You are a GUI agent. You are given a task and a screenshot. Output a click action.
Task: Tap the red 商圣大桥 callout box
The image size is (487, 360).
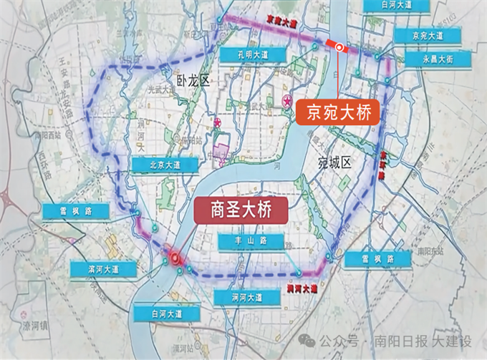(x=239, y=209)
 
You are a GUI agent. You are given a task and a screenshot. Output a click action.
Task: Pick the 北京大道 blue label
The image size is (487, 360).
(x=165, y=165)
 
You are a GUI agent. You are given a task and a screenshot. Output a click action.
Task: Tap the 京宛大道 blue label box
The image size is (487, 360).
(x=428, y=35)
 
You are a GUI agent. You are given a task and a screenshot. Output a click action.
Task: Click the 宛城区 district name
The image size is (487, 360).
(x=336, y=162)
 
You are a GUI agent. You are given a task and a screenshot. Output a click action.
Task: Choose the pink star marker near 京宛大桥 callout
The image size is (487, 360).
(x=287, y=103)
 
